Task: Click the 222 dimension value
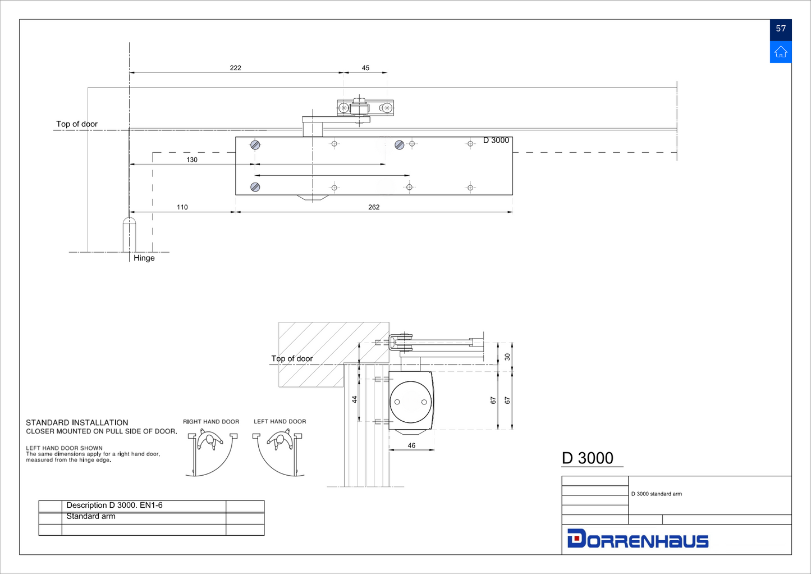pos(235,68)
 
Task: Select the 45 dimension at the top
pos(365,68)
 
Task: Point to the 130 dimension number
pos(192,160)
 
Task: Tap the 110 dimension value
pos(182,207)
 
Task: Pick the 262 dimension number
pos(374,207)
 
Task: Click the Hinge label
pos(144,258)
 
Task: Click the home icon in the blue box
pos(781,52)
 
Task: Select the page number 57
pos(781,29)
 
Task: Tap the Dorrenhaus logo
pos(638,539)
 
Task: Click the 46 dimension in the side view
pos(411,445)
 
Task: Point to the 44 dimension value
pos(354,399)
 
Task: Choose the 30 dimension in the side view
pos(507,357)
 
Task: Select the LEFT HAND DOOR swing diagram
pos(279,452)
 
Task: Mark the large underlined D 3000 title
pos(588,458)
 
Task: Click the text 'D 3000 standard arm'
pos(656,494)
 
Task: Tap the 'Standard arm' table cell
pos(91,517)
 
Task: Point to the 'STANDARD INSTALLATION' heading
pos(77,423)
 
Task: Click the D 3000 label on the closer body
pos(496,140)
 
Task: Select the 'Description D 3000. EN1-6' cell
pos(114,505)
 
